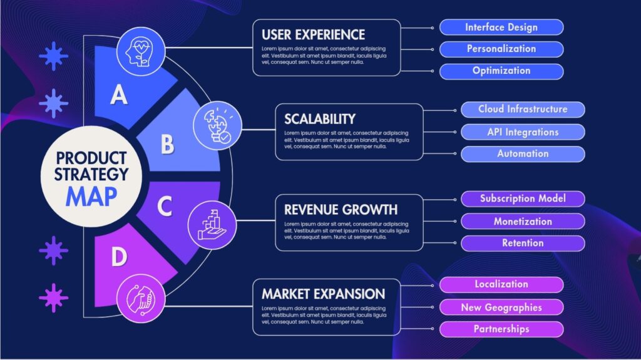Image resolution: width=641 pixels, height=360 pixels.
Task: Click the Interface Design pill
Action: coord(501,28)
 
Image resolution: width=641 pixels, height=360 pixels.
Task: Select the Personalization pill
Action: coord(501,49)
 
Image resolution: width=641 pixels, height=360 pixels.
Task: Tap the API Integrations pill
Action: coord(523,132)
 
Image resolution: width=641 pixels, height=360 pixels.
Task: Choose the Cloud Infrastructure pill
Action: coord(523,110)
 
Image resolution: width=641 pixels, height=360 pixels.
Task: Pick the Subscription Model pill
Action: coord(523,199)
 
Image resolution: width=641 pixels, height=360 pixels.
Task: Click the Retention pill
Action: coord(523,244)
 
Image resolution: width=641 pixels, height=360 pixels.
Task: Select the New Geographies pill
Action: coord(501,307)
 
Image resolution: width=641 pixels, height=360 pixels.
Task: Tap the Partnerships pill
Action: coord(501,329)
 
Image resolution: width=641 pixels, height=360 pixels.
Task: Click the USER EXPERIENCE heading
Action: coord(313,35)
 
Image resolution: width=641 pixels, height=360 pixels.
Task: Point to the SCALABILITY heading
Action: coord(320,119)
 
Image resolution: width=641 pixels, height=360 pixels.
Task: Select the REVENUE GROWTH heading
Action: coord(341,210)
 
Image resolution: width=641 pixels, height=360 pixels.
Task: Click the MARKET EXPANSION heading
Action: coord(323,294)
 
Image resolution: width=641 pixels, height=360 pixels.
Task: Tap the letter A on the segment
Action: coord(119,95)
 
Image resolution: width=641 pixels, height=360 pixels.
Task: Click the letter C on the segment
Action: coord(165,206)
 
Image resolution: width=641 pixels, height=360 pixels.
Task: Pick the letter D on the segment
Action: coord(119,257)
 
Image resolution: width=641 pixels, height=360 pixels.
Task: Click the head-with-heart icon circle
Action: coord(141,51)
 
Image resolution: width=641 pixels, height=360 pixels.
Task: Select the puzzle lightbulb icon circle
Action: coord(217,125)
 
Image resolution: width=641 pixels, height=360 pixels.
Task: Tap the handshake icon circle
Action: coord(141,299)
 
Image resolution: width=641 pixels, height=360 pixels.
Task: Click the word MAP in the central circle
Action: coord(91,197)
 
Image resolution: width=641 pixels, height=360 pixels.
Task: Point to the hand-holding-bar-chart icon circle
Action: coord(212,225)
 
